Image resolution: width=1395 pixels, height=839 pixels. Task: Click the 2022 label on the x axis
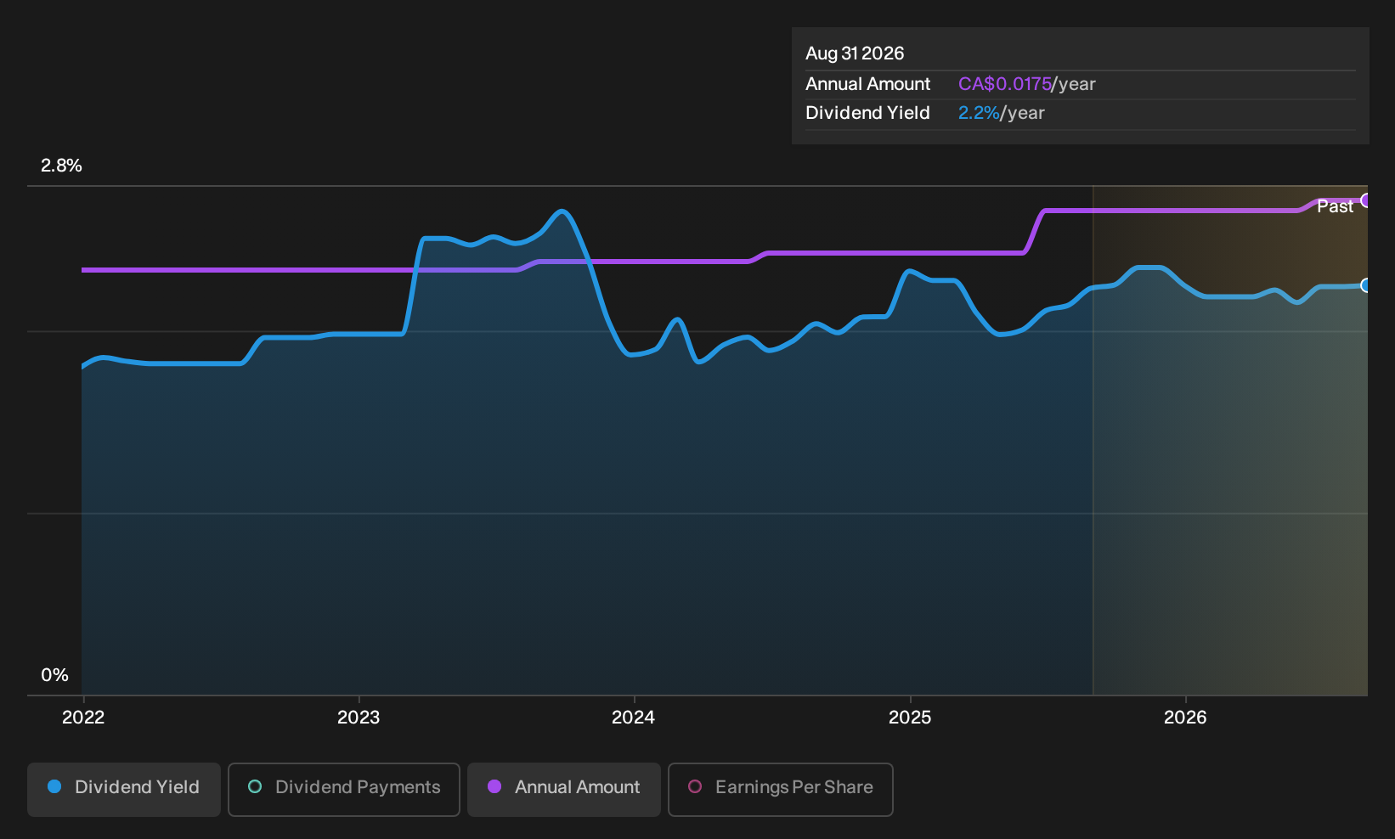pyautogui.click(x=83, y=717)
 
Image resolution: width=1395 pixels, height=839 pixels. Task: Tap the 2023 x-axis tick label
pyautogui.click(x=359, y=717)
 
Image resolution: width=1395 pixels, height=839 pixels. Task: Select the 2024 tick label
pyautogui.click(x=633, y=717)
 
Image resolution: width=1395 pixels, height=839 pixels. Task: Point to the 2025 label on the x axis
pyautogui.click(x=910, y=717)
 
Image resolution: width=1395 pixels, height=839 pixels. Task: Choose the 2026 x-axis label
pyautogui.click(x=1185, y=717)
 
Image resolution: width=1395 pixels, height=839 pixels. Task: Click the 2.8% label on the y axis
pyautogui.click(x=61, y=166)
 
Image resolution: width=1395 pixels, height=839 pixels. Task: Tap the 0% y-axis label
pyautogui.click(x=55, y=675)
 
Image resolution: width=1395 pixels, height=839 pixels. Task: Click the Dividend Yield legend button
pyautogui.click(x=124, y=789)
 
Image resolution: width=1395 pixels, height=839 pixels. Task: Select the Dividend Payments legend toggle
pyautogui.click(x=344, y=789)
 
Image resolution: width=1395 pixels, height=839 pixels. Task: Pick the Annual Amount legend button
pyautogui.click(x=563, y=789)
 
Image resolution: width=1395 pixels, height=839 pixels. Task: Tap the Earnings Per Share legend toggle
pyautogui.click(x=780, y=789)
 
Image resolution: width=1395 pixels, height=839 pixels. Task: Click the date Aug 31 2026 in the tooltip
pyautogui.click(x=855, y=53)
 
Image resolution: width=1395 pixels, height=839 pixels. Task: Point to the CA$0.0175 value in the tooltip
pyautogui.click(x=1004, y=84)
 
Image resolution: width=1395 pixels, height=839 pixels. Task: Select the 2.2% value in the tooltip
pyautogui.click(x=979, y=113)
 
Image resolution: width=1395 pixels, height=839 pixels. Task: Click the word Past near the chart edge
pyautogui.click(x=1335, y=206)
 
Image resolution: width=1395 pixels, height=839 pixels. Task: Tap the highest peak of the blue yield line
pyautogui.click(x=562, y=211)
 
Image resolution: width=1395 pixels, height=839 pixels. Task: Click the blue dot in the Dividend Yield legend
pyautogui.click(x=55, y=786)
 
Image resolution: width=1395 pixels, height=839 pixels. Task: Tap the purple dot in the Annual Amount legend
pyautogui.click(x=494, y=786)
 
